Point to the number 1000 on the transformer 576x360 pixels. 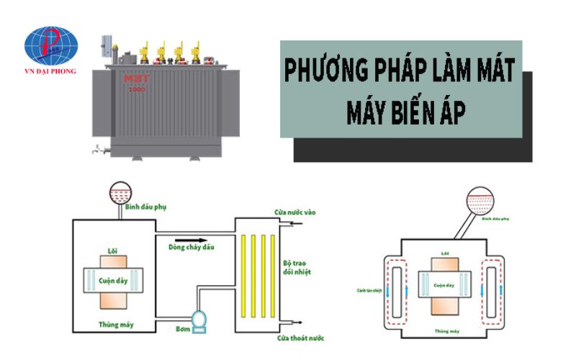coord(137,90)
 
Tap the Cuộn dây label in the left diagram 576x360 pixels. coord(113,278)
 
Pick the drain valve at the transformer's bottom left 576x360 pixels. coord(96,149)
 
